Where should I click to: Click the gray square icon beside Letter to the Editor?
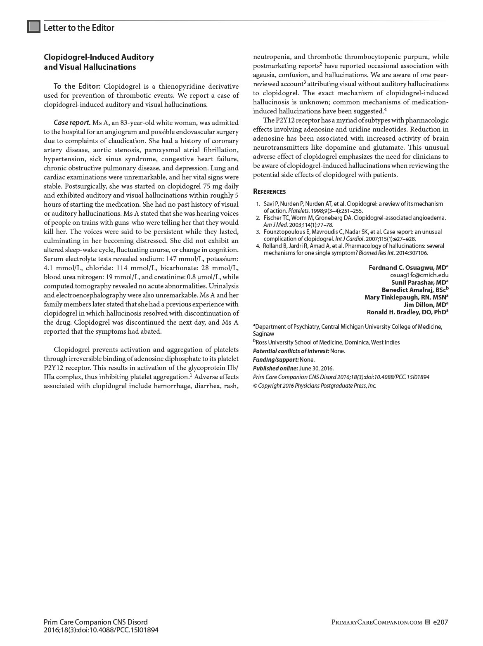(34, 27)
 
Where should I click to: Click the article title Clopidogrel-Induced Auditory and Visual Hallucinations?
(99, 62)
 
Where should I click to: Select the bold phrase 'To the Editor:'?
(77, 86)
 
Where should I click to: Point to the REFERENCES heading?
(269, 191)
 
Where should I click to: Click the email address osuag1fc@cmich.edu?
(419, 275)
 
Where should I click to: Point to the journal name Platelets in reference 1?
(298, 211)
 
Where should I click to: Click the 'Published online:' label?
(275, 368)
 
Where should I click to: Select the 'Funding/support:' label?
(275, 360)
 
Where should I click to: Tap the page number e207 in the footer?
(440, 622)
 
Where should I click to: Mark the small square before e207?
(428, 622)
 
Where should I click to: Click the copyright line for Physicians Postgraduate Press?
(314, 386)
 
